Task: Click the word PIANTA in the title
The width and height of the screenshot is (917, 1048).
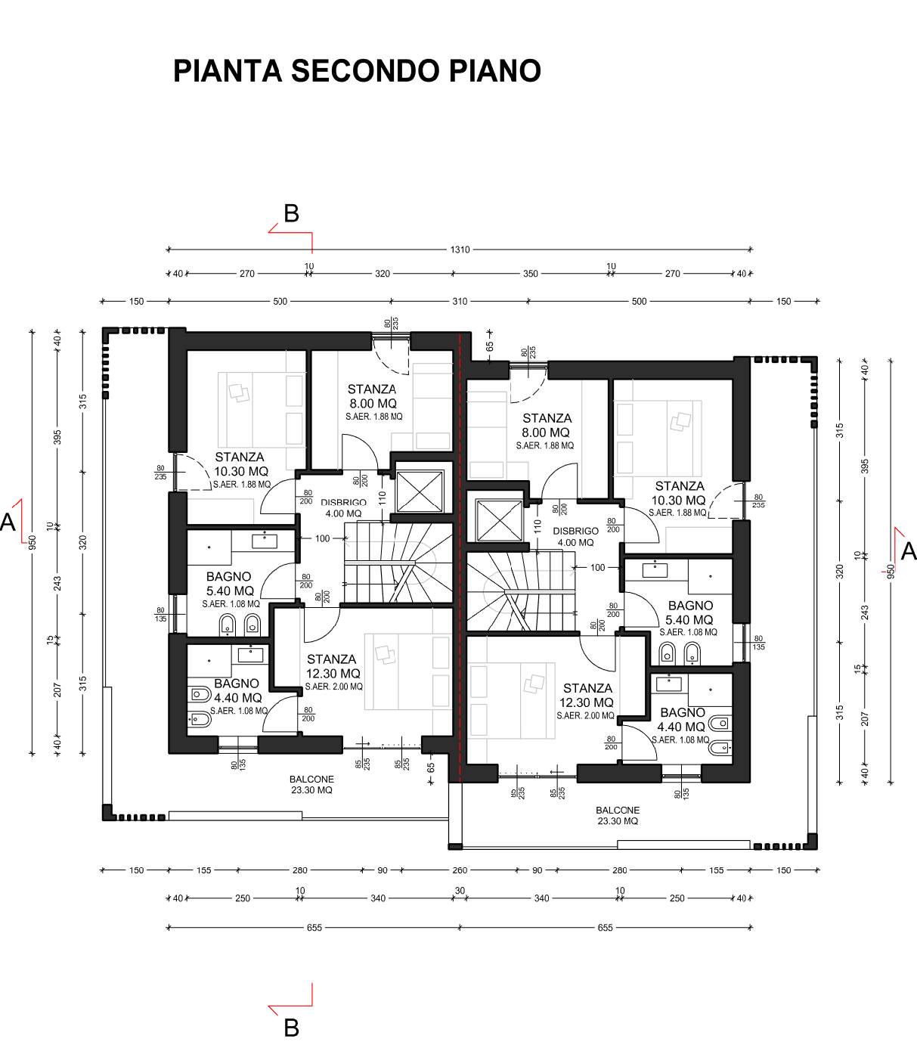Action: pos(228,70)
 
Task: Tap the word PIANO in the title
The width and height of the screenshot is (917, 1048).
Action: pos(495,70)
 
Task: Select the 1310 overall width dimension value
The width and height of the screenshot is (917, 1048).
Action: pos(460,250)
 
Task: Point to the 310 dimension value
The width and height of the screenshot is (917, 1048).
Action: pos(460,301)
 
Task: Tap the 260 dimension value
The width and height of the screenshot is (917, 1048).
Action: pos(460,870)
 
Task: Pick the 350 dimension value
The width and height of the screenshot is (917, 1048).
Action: pos(531,274)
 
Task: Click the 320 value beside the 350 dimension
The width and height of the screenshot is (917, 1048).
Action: pos(383,274)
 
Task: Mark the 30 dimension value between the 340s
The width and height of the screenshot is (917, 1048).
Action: pos(460,890)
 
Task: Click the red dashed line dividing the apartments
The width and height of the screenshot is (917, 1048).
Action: pos(460,558)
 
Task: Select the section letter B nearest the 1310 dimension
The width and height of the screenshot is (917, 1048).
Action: pos(291,213)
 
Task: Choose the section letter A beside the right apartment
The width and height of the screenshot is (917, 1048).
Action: pos(908,552)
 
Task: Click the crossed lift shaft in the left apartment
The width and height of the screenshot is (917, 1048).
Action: pos(420,491)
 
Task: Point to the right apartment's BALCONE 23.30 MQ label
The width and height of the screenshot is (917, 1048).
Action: pos(617,815)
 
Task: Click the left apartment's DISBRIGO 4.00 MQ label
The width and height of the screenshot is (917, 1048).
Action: pos(343,507)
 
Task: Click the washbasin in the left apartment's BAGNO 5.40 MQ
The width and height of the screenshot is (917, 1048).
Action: pos(264,541)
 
